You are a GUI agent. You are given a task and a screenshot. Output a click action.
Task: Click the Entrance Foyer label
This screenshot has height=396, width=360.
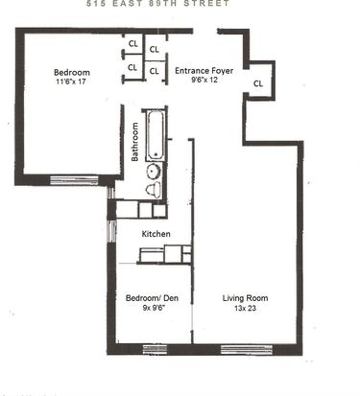click(x=204, y=71)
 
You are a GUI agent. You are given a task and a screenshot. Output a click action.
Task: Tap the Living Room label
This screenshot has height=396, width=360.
click(x=245, y=298)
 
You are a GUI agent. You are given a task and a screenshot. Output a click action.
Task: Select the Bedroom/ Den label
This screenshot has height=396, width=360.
click(x=152, y=298)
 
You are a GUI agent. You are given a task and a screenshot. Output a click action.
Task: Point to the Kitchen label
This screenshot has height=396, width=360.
click(x=156, y=234)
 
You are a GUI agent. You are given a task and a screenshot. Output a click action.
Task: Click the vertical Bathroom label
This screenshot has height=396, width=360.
click(x=134, y=142)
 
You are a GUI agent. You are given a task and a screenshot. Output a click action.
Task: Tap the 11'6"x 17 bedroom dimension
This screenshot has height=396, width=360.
click(x=71, y=82)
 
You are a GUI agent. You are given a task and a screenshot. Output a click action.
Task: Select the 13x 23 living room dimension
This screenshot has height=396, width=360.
click(x=245, y=309)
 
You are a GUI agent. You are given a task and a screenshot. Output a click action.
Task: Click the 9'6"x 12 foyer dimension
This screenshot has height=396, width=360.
click(x=204, y=80)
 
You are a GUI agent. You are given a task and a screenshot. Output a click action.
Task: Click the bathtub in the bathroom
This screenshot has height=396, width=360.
click(x=156, y=134)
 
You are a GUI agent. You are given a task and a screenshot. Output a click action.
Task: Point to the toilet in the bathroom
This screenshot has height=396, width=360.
click(x=154, y=190)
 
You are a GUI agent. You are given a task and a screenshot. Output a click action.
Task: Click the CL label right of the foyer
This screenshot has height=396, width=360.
click(x=258, y=83)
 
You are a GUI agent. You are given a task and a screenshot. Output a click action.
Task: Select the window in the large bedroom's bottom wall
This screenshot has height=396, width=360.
click(x=74, y=180)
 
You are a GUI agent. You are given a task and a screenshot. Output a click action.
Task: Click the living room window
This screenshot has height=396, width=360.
click(x=247, y=349)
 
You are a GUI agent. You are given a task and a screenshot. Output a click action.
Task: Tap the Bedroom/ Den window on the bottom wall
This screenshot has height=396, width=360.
click(x=155, y=349)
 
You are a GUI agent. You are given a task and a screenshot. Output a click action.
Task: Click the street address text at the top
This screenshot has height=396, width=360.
click(x=158, y=3)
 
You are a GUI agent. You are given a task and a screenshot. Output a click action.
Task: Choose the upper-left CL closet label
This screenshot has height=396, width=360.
click(x=133, y=43)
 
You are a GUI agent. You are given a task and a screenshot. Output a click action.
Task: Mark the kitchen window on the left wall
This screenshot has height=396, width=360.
click(x=111, y=231)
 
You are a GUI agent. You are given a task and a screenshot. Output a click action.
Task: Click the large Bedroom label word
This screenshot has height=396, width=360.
click(x=72, y=72)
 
